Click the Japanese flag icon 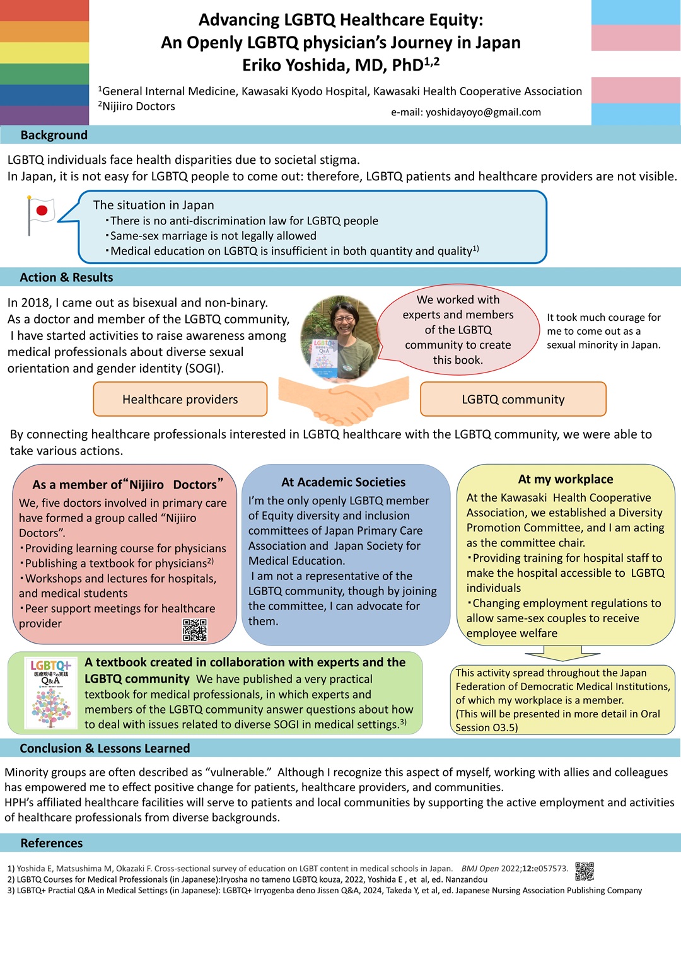coord(41,216)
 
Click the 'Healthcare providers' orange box coord(180,399)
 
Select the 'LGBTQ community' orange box coord(513,399)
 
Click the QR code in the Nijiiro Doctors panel coord(195,630)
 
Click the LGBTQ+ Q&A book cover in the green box coord(50,693)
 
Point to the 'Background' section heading coord(54,135)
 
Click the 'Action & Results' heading coord(66,277)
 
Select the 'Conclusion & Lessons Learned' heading coord(105,748)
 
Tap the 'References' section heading coord(52,843)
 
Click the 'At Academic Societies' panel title coord(343,482)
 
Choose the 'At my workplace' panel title coord(566,479)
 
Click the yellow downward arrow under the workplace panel coord(562,653)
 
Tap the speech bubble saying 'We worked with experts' coord(458,330)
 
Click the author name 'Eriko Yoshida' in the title coord(290,66)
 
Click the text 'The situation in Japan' coord(153,205)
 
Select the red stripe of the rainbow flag coord(44,10)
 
